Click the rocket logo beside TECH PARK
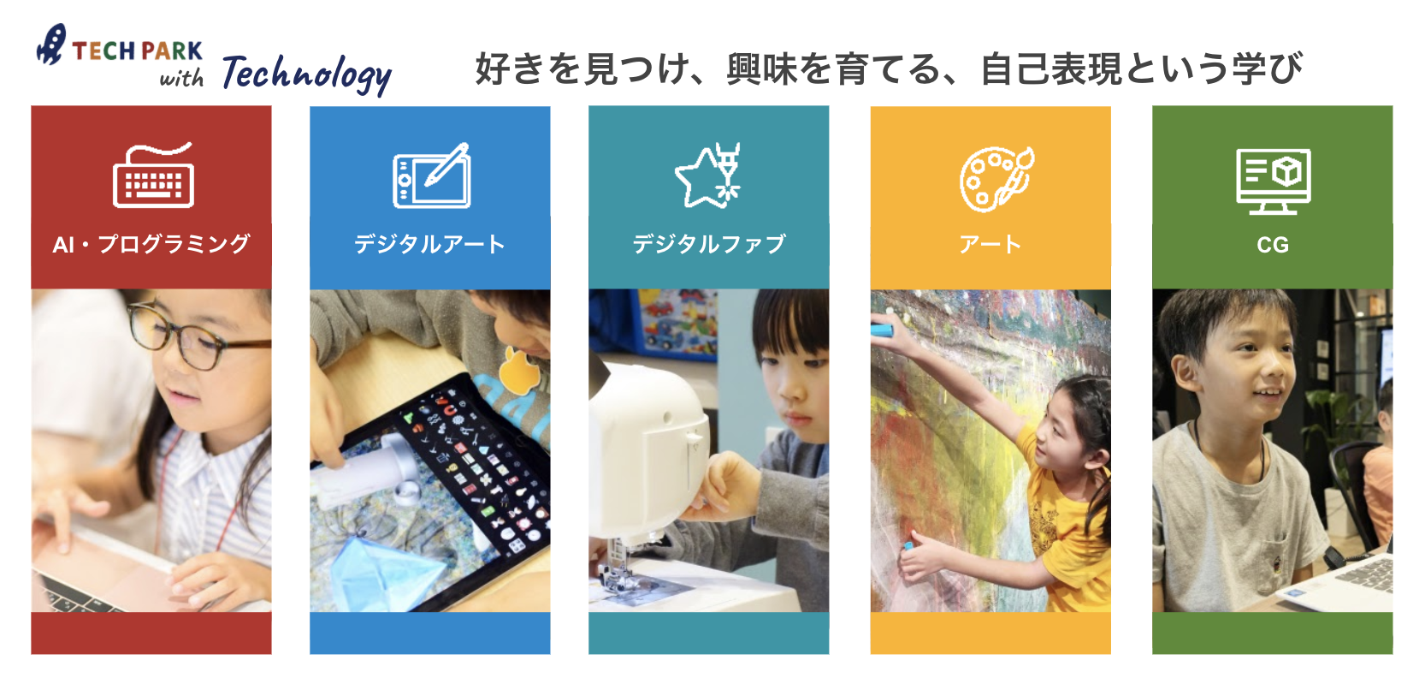51,44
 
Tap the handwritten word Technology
306,75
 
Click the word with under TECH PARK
181,78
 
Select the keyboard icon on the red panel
153,175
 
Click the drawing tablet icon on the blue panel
432,175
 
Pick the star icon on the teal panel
708,175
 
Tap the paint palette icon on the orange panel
996,179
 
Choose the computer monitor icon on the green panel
1273,181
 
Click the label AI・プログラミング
151,245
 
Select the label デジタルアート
430,245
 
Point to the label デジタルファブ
709,245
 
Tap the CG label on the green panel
1273,245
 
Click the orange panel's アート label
990,245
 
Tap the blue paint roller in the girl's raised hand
882,330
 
